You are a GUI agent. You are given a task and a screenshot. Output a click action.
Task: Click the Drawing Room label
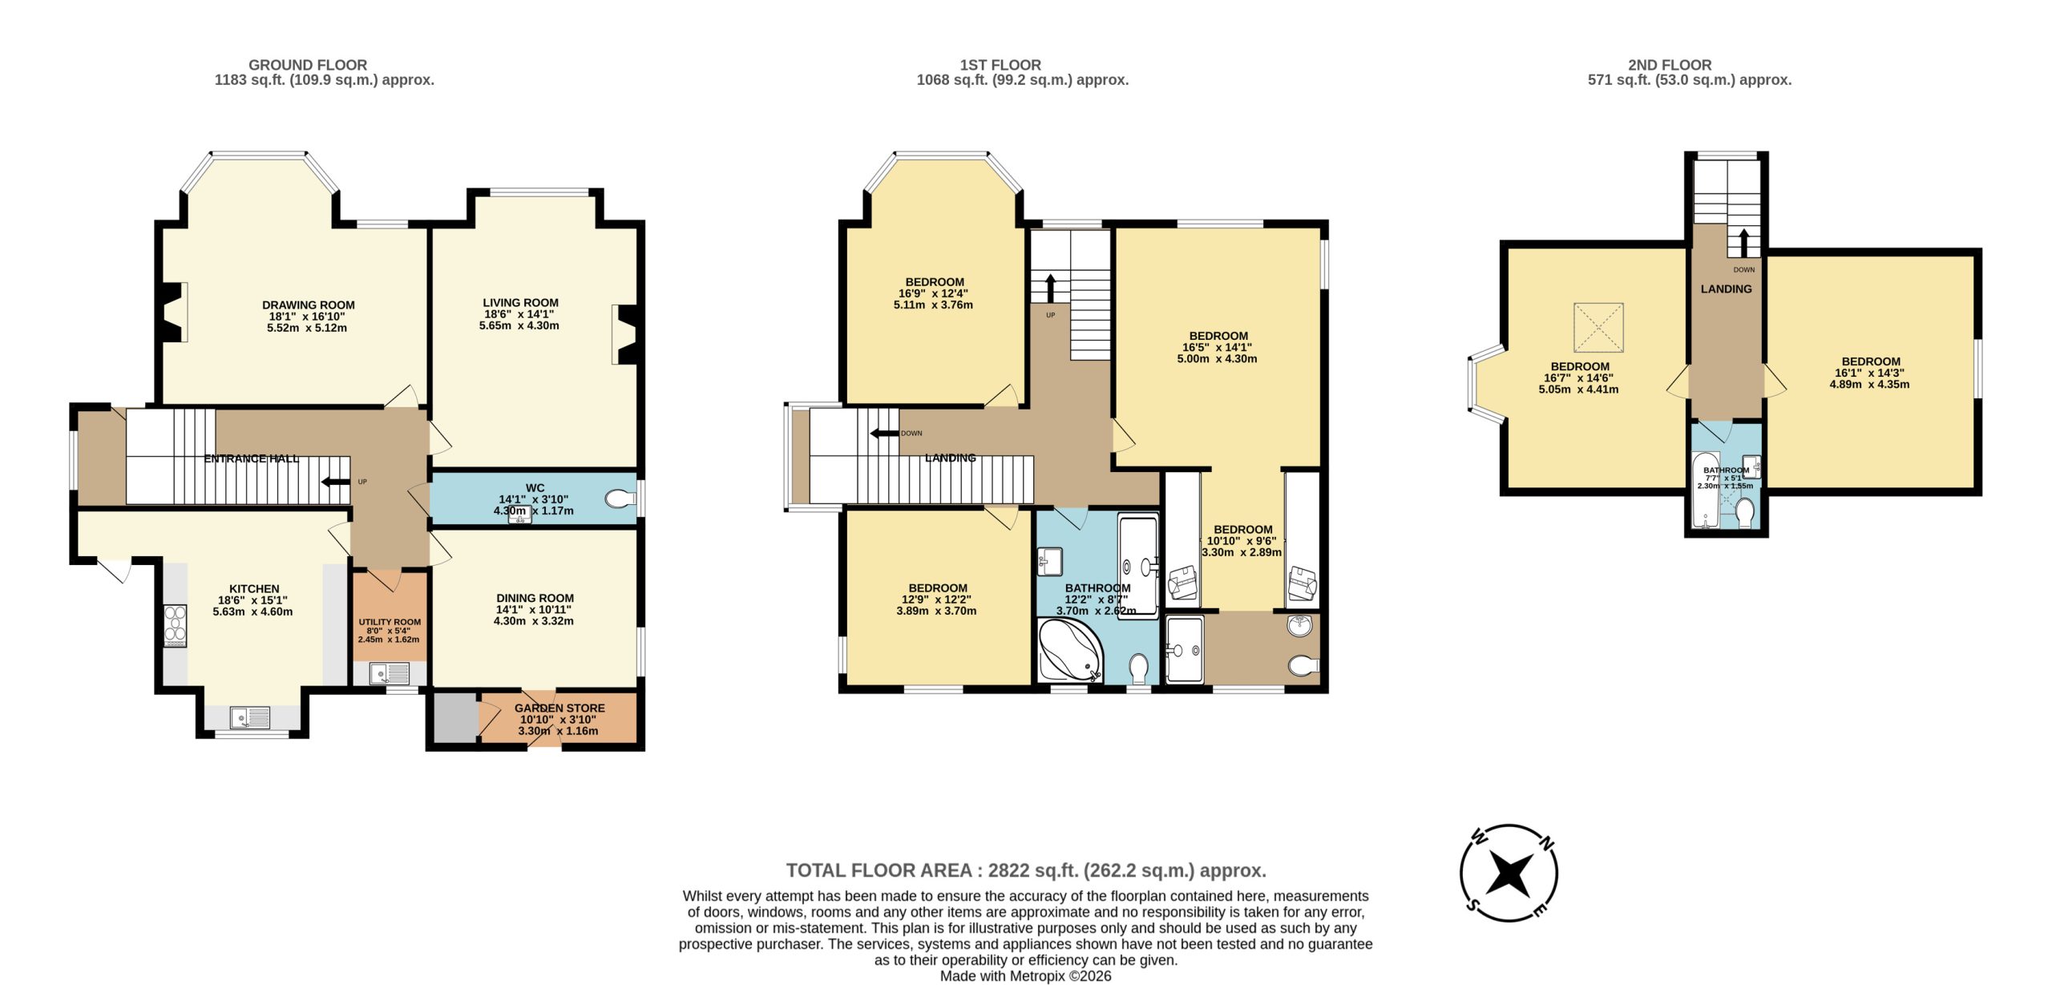[309, 305]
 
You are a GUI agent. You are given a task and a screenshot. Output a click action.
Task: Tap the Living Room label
[520, 303]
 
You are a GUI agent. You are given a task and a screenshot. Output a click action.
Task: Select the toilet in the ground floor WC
[620, 499]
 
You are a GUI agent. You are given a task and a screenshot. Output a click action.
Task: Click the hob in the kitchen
[175, 626]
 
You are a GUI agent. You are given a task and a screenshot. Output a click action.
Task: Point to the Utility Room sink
[389, 673]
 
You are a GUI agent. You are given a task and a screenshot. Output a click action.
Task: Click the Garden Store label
[559, 708]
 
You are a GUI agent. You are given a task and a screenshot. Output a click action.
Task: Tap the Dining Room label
[535, 599]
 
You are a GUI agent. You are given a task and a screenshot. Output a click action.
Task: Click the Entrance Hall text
[252, 459]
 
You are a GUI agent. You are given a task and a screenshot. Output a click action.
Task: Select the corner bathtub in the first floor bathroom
[1070, 650]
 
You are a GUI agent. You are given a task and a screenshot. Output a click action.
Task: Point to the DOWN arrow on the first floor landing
[884, 434]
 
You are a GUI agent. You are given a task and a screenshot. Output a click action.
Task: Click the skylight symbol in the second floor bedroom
[1598, 327]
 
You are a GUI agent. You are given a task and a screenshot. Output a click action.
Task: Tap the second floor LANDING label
[1726, 289]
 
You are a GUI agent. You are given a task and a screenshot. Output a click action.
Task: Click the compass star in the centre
[1509, 873]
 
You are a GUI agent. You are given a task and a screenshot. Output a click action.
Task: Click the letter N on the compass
[1547, 843]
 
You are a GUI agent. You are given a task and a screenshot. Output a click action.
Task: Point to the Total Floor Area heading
[1026, 870]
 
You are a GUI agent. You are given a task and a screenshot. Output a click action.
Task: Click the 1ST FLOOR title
[1000, 65]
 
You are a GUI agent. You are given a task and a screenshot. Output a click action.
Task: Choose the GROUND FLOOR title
[308, 65]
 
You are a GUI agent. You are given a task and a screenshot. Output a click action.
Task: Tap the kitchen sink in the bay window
[252, 717]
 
